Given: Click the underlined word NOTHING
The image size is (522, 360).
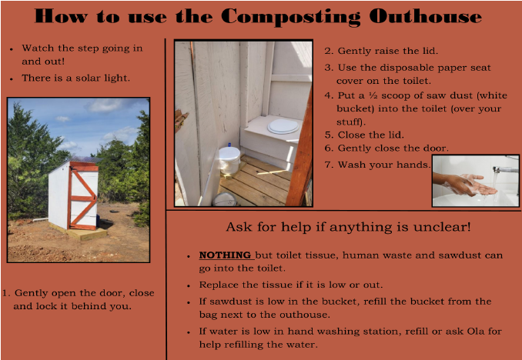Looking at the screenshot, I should tap(225, 255).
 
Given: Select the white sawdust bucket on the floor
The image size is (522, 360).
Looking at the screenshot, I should tap(229, 159).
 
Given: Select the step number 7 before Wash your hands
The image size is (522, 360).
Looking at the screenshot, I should tap(328, 163).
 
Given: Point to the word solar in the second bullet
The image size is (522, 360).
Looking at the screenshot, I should tap(89, 78).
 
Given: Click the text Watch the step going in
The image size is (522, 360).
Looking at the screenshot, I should tap(82, 48).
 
